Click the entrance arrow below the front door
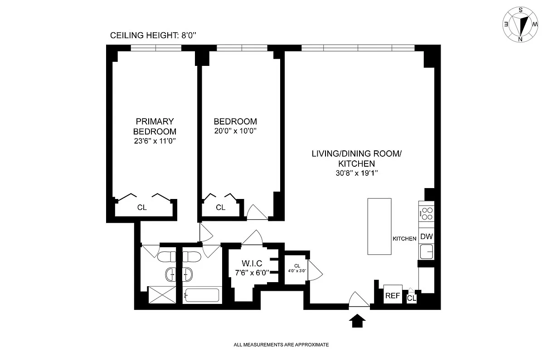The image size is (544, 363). [x=357, y=321]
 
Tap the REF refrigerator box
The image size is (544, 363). [x=393, y=294]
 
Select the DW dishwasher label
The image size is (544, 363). [x=427, y=236]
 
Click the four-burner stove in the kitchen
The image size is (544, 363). [x=427, y=214]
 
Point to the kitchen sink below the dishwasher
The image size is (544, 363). [x=427, y=252]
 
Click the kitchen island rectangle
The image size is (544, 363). [x=379, y=226]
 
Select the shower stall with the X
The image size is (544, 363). [x=162, y=295]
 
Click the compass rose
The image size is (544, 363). [x=520, y=25]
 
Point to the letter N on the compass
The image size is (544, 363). [x=520, y=39]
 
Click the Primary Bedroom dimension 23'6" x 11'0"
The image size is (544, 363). [x=155, y=141]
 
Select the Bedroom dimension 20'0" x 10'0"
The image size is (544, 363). [x=235, y=131]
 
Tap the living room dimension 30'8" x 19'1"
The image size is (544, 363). [x=357, y=173]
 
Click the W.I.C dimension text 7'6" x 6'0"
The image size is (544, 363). [x=252, y=273]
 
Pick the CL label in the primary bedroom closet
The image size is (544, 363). [x=142, y=208]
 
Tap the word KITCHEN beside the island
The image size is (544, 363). [x=404, y=239]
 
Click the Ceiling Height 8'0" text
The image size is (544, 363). [x=153, y=35]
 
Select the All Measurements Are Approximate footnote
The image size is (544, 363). [x=281, y=345]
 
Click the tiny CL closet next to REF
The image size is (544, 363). [x=412, y=298]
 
